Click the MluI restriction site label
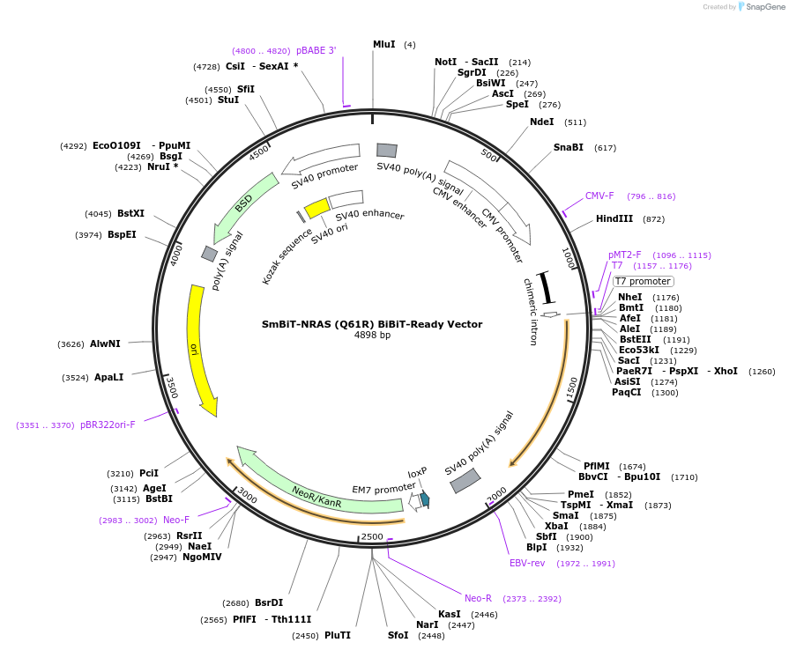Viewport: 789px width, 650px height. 383,44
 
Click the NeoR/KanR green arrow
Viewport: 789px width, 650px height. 317,489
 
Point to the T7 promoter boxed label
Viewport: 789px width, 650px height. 643,281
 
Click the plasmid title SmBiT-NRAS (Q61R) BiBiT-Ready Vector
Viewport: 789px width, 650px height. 372,324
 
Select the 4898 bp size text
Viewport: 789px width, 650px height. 372,336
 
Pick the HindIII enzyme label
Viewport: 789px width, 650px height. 614,218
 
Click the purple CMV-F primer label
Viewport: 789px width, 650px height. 599,196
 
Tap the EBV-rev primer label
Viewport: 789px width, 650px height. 527,563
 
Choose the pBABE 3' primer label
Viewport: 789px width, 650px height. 316,50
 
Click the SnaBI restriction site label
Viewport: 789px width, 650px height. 568,147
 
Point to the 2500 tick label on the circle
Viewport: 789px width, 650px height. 372,536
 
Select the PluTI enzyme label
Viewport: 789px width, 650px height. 338,634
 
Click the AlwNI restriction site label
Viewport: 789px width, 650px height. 105,343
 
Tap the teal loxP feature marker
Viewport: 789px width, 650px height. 424,499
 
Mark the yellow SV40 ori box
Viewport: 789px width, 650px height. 316,209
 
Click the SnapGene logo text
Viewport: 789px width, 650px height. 763,7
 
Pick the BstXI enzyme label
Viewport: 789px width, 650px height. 130,213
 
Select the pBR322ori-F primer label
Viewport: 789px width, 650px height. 108,425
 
